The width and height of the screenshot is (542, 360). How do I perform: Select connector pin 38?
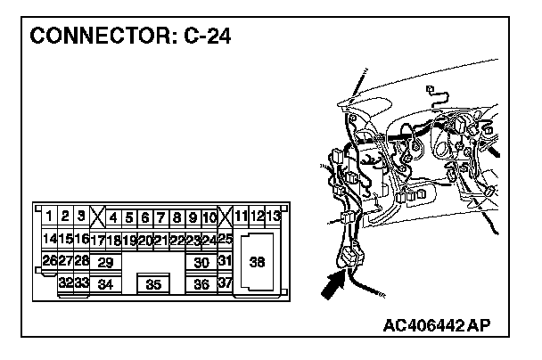[258, 262]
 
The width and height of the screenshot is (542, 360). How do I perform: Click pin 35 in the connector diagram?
[153, 284]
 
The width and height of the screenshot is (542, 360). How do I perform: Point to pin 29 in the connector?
[105, 262]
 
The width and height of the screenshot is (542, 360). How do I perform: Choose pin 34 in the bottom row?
[105, 284]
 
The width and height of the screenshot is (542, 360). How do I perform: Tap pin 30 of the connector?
[201, 262]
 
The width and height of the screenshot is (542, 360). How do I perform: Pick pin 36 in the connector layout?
[201, 284]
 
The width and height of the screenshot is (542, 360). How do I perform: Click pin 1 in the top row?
[49, 217]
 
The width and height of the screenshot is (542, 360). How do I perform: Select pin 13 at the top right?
[273, 217]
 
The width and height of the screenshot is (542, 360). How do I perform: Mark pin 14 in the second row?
[49, 239]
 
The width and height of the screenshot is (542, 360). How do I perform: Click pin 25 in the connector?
[225, 239]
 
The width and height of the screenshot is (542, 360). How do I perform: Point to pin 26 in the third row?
[49, 261]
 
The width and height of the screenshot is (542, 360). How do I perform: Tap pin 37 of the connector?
[225, 283]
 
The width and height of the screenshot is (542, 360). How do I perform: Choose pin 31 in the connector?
[225, 261]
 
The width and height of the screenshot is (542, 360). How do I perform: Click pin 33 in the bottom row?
[81, 283]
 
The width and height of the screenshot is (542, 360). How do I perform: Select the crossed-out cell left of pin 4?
[96, 217]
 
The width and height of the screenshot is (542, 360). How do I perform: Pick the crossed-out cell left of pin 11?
[225, 217]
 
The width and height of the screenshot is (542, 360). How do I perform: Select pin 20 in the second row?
[144, 239]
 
